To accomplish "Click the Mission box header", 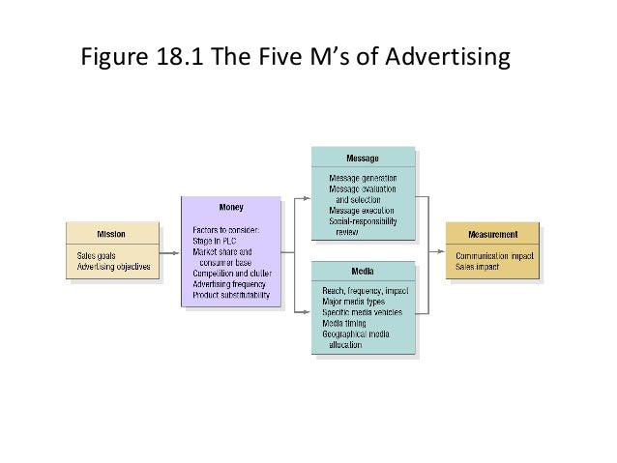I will click(110, 233).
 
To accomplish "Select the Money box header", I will click(231, 207).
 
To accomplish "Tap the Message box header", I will click(363, 158).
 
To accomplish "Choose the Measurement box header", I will click(492, 234).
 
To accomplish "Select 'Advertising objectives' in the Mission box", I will click(114, 267).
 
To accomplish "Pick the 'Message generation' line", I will click(363, 179).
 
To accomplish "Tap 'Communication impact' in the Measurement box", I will click(494, 256).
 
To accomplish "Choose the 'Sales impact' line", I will click(477, 267).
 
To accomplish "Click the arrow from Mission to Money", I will click(170, 253).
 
